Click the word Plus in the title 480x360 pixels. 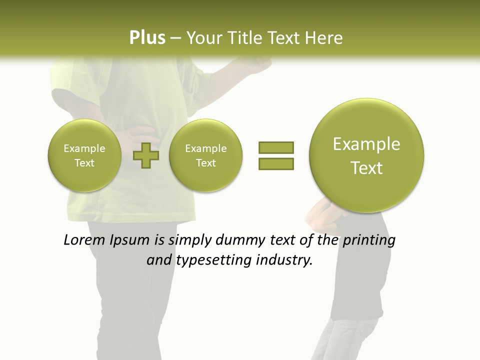147,37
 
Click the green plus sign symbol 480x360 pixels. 146,155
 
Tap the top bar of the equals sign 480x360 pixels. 276,147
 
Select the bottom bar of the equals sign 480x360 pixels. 276,163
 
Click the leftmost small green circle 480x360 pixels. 84,155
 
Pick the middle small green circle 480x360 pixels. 205,155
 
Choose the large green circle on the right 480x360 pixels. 366,155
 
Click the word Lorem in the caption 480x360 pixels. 85,240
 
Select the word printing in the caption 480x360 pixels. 369,240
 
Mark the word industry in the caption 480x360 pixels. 283,260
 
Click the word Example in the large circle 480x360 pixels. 366,144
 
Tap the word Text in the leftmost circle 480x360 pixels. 84,163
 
